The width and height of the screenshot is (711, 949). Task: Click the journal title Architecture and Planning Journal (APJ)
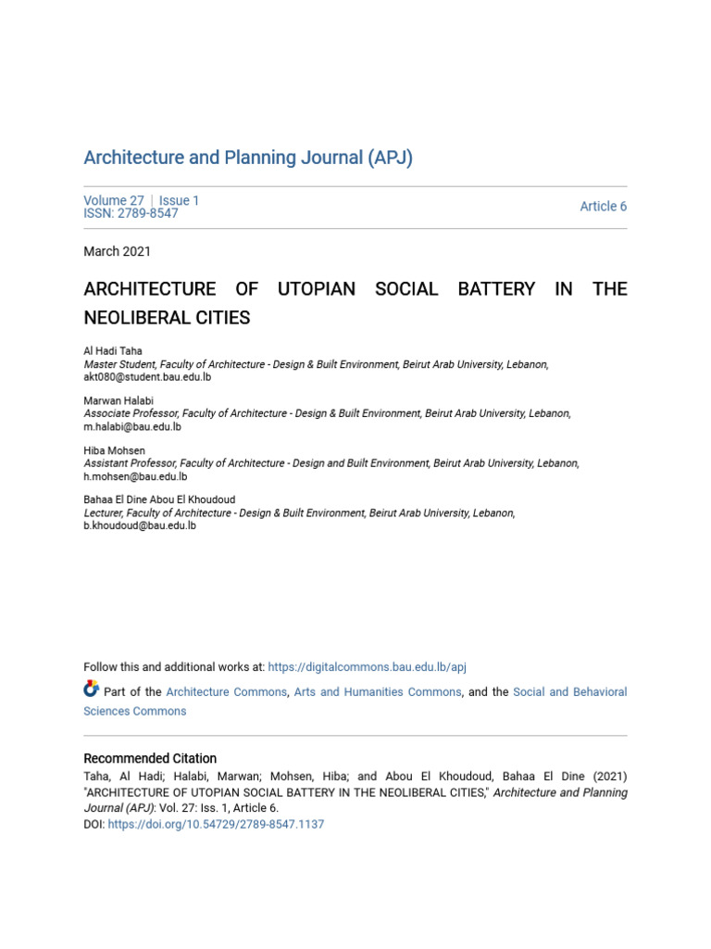point(248,158)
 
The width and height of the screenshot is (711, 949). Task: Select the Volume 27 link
point(113,200)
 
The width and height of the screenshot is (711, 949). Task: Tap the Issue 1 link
point(179,200)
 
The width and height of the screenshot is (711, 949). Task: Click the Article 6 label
point(603,207)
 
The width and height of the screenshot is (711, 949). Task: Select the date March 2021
point(117,251)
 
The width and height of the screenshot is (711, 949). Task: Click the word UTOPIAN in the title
point(316,289)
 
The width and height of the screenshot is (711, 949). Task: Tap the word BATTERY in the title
point(496,289)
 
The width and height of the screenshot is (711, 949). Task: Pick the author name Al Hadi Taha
point(114,352)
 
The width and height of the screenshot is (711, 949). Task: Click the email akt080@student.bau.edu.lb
point(147,377)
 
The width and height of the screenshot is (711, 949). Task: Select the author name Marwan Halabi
point(118,401)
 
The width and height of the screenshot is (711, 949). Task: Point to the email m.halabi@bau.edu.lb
point(132,427)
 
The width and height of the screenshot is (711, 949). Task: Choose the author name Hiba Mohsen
point(114,450)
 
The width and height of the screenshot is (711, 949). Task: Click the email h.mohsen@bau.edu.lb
point(135,476)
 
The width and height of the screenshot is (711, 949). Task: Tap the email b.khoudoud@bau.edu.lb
point(140,525)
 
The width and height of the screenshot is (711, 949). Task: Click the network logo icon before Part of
point(91,689)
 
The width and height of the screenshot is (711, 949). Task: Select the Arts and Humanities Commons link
point(378,692)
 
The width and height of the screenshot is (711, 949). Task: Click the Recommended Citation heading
point(150,758)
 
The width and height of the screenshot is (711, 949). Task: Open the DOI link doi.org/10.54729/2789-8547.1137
point(216,824)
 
